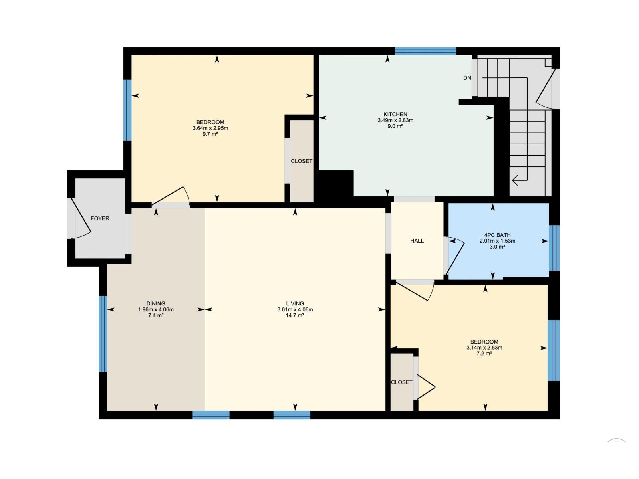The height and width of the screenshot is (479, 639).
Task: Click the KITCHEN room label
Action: click(395, 114)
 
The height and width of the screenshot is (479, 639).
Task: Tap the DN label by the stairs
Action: click(467, 78)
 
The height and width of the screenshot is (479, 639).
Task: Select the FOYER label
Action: click(100, 218)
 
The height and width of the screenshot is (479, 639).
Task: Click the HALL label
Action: click(417, 241)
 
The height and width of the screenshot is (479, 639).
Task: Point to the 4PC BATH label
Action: click(497, 235)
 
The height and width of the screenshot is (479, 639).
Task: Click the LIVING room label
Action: click(295, 303)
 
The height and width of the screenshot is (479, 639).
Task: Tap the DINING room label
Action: click(156, 303)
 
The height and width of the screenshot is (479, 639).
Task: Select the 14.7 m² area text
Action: click(295, 315)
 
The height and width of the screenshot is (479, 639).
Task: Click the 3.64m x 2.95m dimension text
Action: click(210, 128)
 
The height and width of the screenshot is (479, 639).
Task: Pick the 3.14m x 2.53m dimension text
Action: click(484, 348)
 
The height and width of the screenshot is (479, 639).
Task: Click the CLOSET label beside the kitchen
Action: click(302, 161)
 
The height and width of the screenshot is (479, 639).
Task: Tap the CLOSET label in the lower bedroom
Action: click(401, 382)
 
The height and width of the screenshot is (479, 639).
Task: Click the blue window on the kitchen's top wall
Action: click(425, 51)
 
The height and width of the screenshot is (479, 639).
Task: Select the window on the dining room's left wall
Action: click(103, 334)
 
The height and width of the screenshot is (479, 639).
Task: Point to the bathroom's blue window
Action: click(554, 248)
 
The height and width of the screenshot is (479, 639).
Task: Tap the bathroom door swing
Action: click(455, 255)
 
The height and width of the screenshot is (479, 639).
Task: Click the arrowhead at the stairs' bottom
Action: click(516, 180)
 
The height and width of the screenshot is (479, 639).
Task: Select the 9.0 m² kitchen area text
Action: click(395, 126)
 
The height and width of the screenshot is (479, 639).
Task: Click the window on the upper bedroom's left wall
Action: click(127, 110)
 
